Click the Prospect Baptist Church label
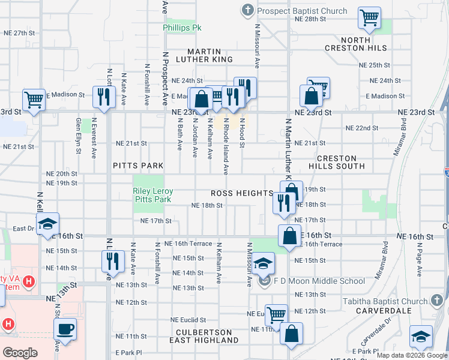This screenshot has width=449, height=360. click(x=302, y=11)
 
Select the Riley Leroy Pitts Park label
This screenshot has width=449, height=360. click(x=152, y=195)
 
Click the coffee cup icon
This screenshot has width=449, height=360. click(x=65, y=328)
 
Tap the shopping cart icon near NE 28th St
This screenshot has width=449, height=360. click(x=370, y=17)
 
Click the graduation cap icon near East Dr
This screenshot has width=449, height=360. click(x=47, y=224)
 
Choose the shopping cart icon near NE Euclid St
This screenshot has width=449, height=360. click(x=276, y=314)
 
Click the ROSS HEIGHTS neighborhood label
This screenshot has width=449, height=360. click(x=243, y=193)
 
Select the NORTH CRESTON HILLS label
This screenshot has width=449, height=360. click(x=364, y=44)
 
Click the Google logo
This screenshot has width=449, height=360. click(x=19, y=352)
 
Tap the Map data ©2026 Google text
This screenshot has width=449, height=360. click(x=411, y=355)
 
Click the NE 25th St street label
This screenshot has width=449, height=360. click(x=375, y=65)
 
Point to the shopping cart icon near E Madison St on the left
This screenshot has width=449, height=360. click(x=34, y=100)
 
